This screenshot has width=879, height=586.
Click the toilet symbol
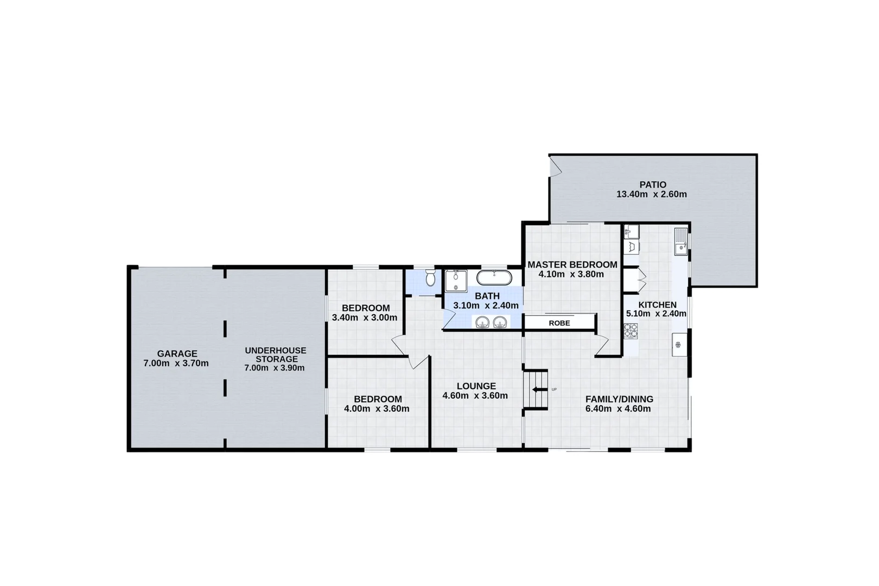click(430, 278)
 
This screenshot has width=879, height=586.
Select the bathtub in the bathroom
click(494, 278)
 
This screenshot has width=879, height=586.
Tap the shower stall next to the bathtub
click(456, 281)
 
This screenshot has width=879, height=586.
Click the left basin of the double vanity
click(482, 323)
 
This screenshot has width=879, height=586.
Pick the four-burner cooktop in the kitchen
click(630, 330)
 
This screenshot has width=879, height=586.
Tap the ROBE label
click(559, 323)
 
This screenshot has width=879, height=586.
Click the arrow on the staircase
click(539, 389)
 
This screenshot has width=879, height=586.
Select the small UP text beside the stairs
click(554, 390)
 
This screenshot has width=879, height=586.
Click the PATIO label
click(652, 184)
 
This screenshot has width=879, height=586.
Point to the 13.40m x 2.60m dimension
click(651, 194)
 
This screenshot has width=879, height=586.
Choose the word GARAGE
click(177, 354)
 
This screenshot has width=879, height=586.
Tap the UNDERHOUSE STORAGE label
click(275, 355)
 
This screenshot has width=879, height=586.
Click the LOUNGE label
click(476, 386)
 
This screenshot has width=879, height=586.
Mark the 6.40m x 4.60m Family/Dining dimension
click(618, 409)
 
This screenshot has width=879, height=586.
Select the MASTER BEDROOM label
click(572, 265)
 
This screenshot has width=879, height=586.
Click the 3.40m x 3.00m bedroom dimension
click(364, 317)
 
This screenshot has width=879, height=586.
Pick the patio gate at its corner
click(555, 167)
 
